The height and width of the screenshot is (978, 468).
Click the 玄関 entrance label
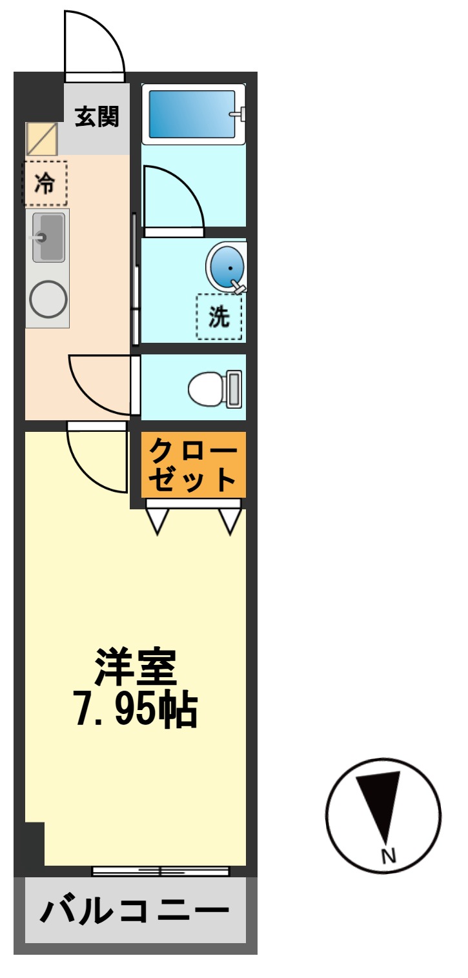tap(97, 117)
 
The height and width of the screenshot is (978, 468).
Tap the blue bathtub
tap(192, 114)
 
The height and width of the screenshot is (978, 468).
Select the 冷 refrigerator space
tap(45, 184)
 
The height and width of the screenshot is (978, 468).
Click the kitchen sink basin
tap(49, 237)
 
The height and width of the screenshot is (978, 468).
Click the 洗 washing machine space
tap(219, 317)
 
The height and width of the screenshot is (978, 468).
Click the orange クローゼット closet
tap(194, 464)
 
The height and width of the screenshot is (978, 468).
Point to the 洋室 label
tap(136, 667)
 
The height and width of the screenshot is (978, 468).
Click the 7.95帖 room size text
tap(136, 710)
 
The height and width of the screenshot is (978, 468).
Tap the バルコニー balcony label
tap(135, 912)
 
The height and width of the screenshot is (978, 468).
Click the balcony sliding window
tap(160, 871)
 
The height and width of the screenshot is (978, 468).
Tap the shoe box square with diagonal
tap(42, 139)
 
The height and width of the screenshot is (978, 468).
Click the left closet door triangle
tap(157, 520)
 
